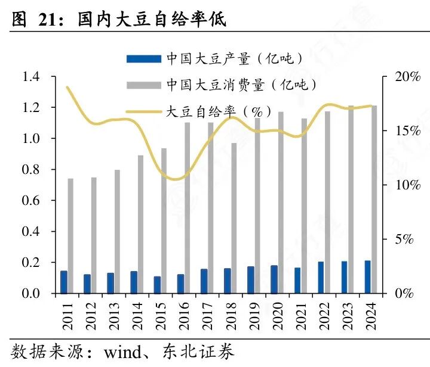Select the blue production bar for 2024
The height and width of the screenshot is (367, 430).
(x=367, y=277)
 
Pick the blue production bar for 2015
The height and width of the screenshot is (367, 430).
(x=157, y=285)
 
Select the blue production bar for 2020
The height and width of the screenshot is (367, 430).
(x=274, y=279)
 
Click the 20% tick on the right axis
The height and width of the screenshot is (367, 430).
(x=407, y=77)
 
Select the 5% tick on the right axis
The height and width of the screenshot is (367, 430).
(x=407, y=240)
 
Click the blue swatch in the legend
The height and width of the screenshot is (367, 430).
(x=143, y=58)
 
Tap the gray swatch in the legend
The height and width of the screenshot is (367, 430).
(x=143, y=85)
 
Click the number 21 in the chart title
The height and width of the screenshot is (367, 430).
(x=50, y=20)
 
